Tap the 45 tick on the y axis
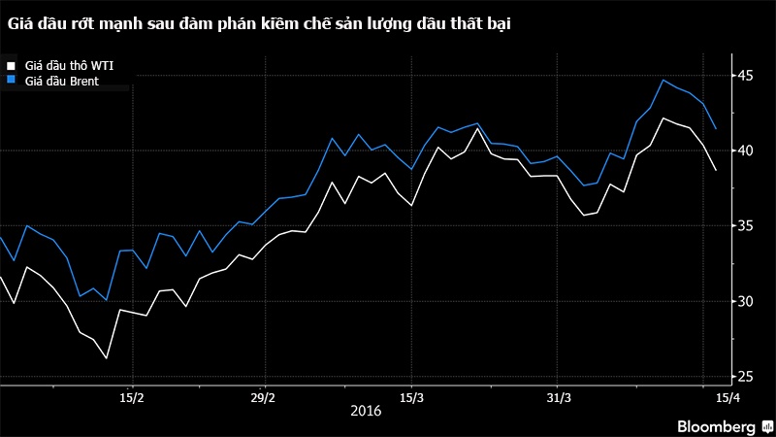tap(745, 76)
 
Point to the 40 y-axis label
tap(745, 151)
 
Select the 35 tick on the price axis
tap(745, 226)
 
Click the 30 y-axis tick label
tap(745, 301)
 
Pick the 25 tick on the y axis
tap(745, 377)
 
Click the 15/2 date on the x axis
tap(132, 397)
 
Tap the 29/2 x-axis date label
tap(264, 397)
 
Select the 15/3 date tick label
tap(411, 397)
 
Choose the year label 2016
tap(365, 412)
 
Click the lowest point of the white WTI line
tap(106, 358)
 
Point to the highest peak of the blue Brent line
tap(663, 80)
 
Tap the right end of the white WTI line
tap(716, 170)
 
